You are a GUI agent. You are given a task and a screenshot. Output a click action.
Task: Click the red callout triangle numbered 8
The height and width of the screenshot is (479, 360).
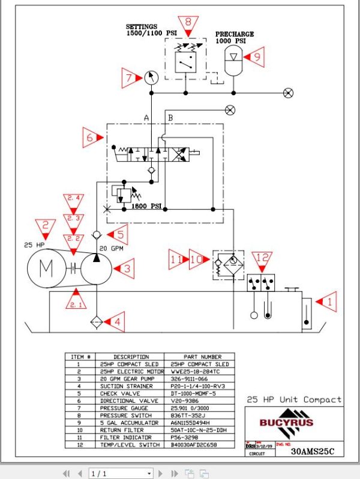tap(188, 25)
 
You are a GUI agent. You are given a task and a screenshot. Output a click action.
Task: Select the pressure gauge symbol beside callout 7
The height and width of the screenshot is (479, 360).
tap(152, 77)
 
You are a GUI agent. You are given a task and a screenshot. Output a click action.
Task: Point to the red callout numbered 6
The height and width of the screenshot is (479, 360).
tap(92, 138)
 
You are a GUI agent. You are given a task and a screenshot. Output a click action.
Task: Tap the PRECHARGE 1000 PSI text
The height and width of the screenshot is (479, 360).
tap(235, 38)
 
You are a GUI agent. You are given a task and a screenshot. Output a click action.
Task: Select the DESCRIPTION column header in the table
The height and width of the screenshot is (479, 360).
tap(131, 357)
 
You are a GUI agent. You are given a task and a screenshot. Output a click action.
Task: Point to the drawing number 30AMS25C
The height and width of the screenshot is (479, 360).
tap(315, 453)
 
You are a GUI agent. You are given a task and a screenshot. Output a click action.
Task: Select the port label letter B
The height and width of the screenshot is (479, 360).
tap(170, 118)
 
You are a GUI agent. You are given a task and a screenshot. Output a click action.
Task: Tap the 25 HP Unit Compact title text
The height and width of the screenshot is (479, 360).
tap(294, 399)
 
